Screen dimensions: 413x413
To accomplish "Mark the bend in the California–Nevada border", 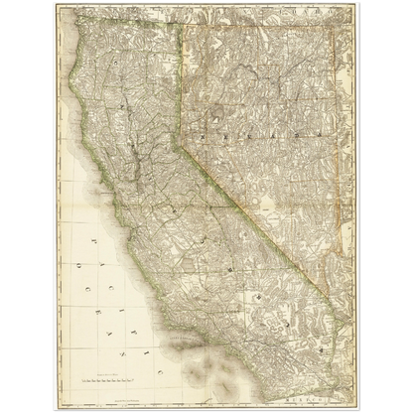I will click(181, 146).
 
